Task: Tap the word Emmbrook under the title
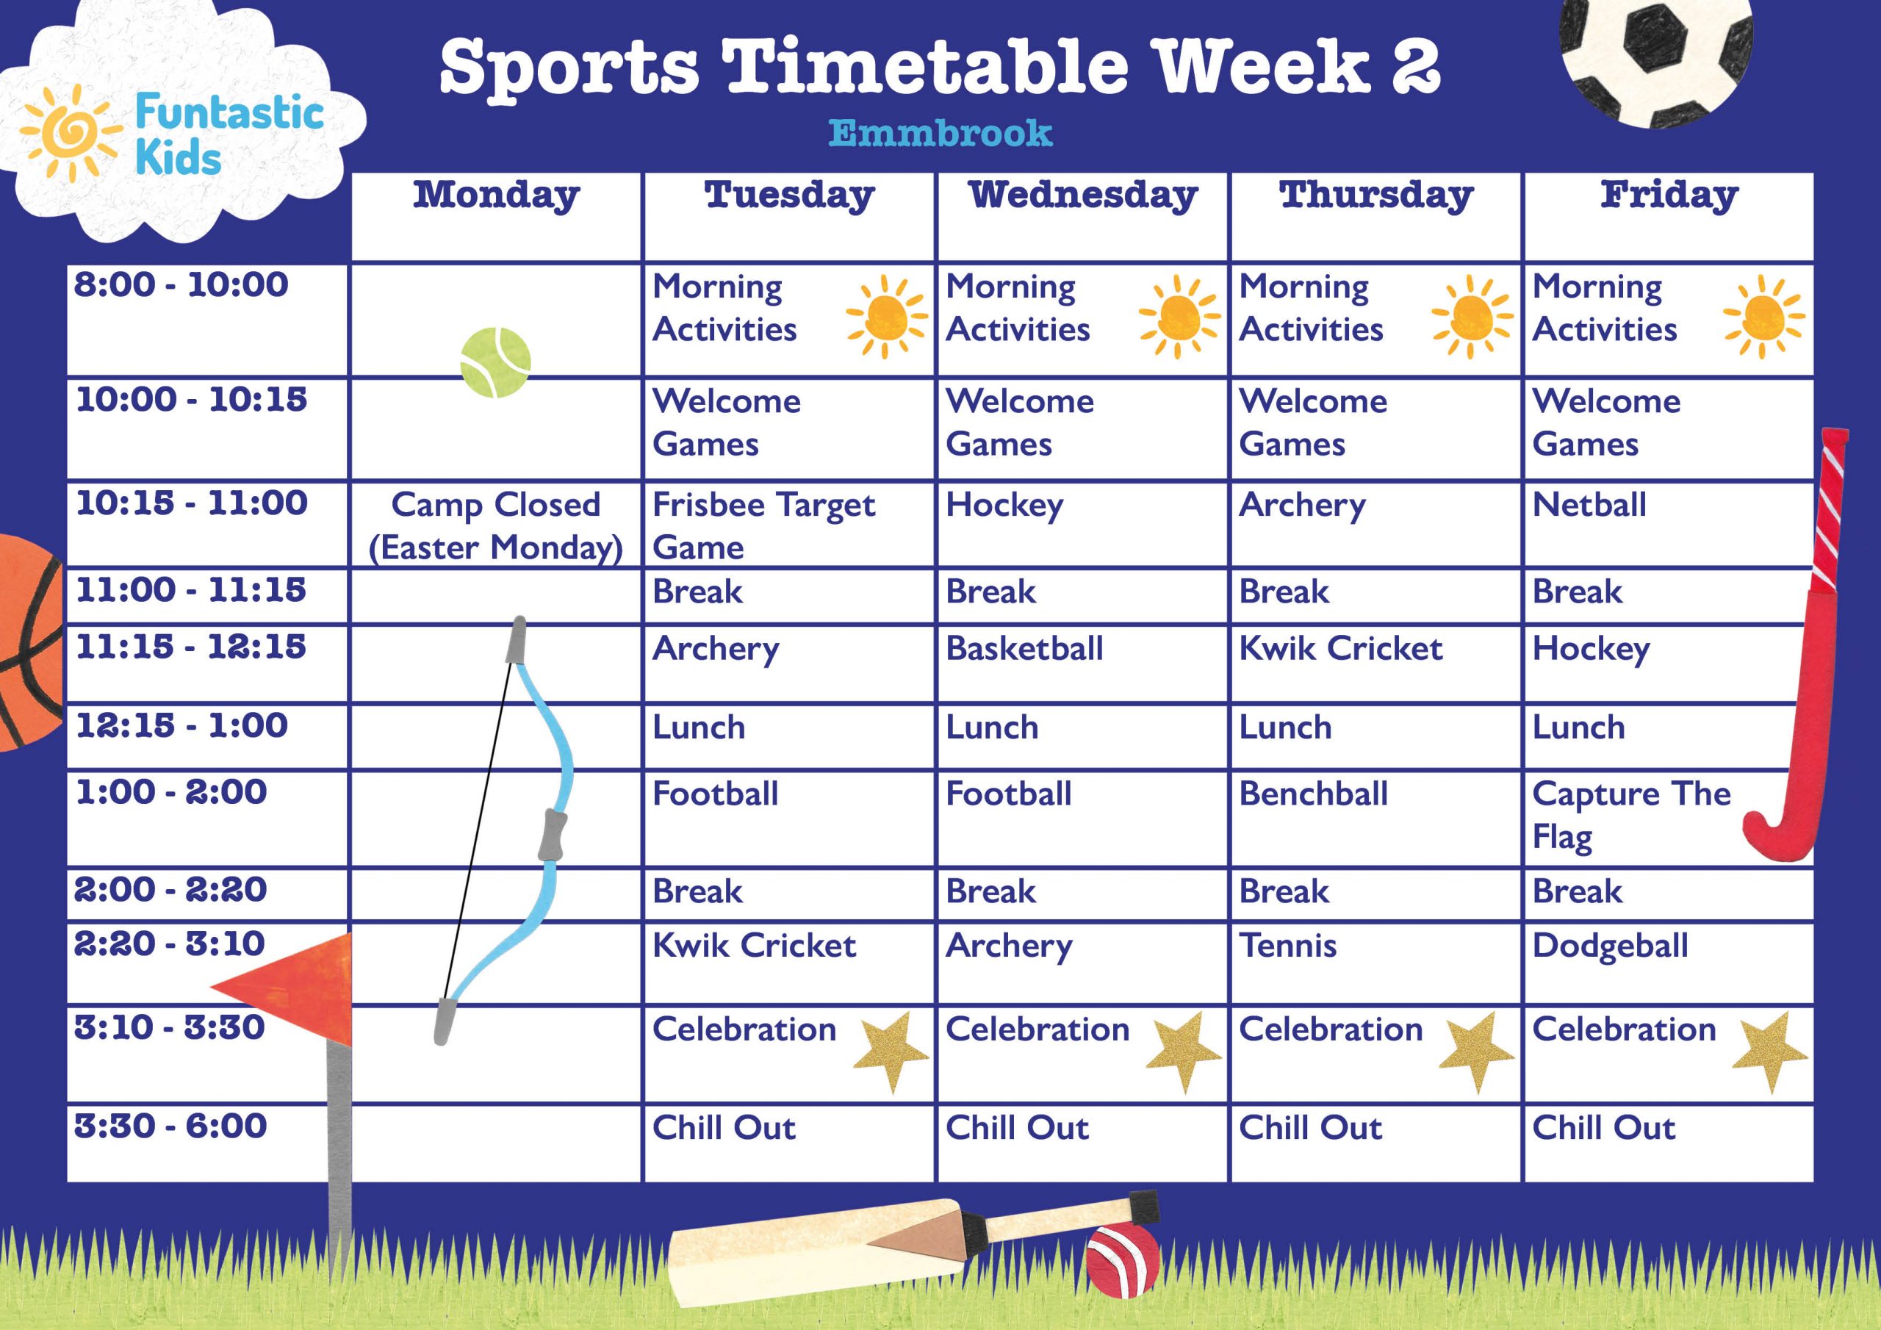(x=940, y=134)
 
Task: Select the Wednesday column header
(x=1082, y=195)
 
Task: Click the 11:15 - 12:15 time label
(x=191, y=647)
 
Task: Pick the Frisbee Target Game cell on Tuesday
(x=763, y=525)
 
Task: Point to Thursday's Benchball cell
(x=1313, y=794)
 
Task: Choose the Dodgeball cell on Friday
(x=1610, y=946)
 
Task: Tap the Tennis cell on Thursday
(x=1288, y=946)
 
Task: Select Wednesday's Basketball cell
(x=1024, y=648)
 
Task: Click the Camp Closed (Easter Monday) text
(x=496, y=525)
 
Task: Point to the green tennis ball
(x=496, y=362)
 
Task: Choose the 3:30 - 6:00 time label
(x=170, y=1126)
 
